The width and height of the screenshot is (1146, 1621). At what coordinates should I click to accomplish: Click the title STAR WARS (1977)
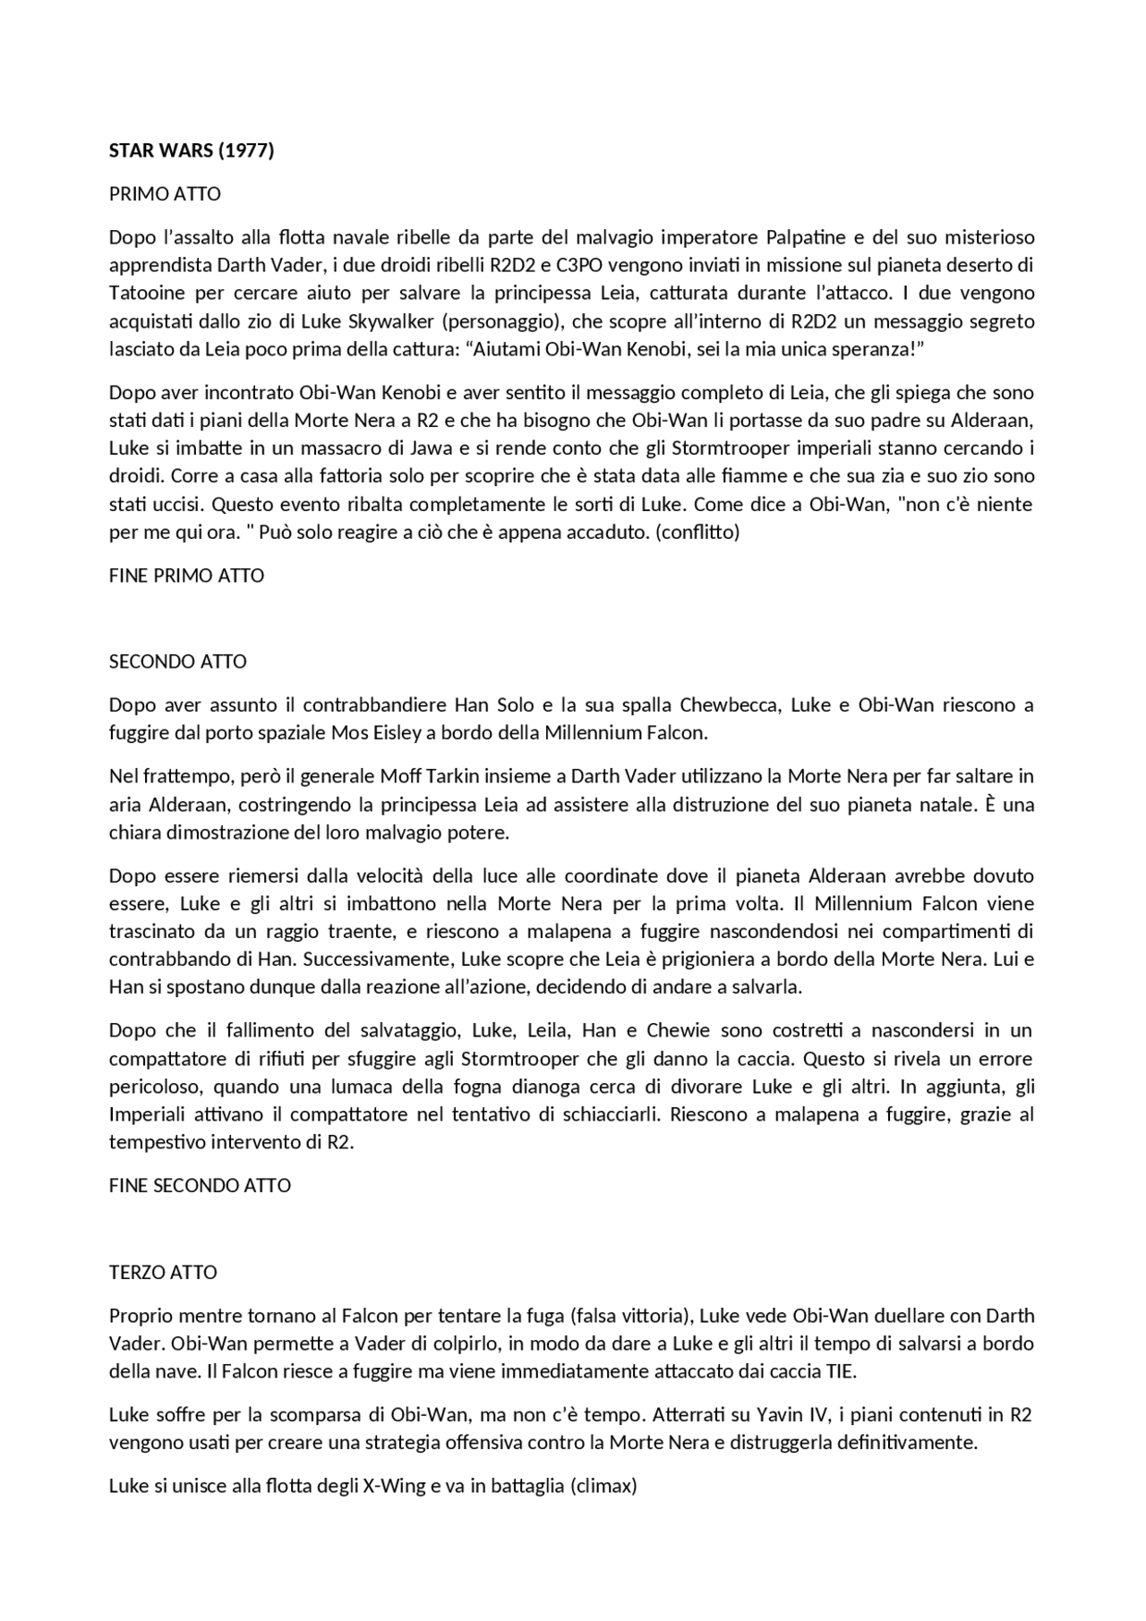191,150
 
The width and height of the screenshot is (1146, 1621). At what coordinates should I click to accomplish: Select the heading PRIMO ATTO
164,194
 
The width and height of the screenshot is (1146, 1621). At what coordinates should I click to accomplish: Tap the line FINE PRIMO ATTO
186,576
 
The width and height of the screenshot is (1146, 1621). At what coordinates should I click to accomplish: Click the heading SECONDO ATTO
177,662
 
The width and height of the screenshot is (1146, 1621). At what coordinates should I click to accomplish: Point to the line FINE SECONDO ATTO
200,1186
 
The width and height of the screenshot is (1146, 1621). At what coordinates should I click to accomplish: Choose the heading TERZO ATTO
163,1273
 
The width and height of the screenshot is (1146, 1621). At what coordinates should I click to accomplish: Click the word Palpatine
806,237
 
